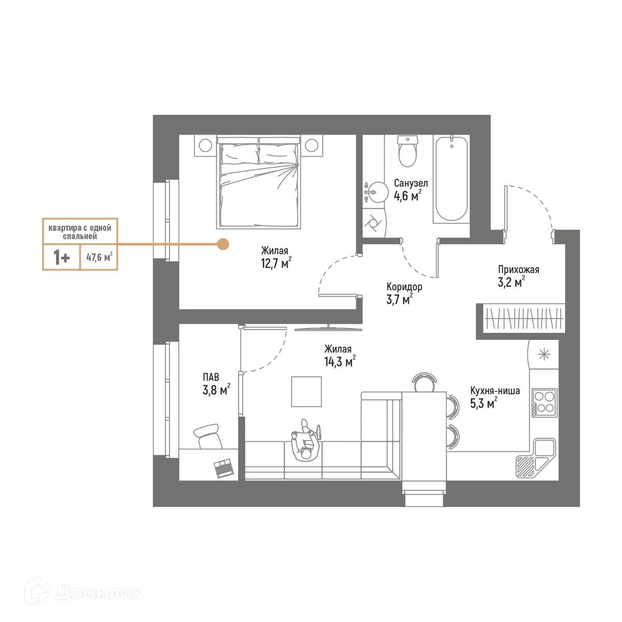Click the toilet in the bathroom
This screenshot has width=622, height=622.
coord(407,151)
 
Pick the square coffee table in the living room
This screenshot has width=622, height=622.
coord(306,391)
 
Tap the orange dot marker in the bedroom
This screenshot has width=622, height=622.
coord(223,245)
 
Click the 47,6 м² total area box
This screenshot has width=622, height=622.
coord(99,257)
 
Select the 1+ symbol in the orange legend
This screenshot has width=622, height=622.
coord(61,258)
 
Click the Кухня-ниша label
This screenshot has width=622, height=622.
coord(494,391)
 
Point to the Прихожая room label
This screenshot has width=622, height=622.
coord(518,270)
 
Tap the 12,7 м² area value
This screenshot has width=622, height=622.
coord(276,263)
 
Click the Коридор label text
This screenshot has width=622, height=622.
coord(404,287)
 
